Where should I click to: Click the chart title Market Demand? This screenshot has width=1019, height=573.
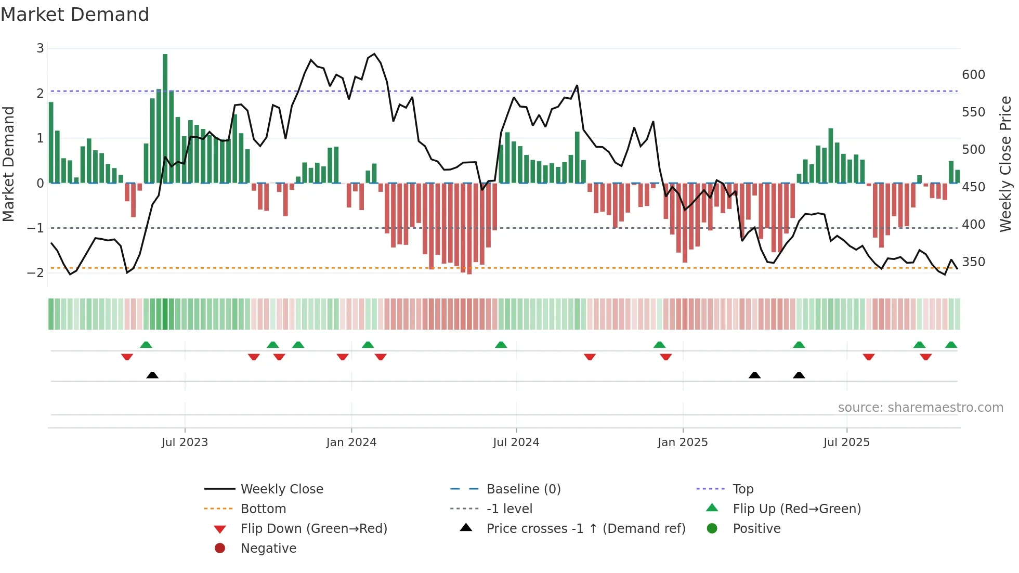(75, 15)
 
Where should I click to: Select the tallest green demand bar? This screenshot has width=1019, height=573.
(165, 119)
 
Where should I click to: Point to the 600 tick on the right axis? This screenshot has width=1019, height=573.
(973, 75)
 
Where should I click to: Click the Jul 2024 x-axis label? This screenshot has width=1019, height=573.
(516, 442)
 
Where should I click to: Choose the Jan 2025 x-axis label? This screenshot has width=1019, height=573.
(682, 442)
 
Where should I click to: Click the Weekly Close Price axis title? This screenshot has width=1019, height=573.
(1005, 164)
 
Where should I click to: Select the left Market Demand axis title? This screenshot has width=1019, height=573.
(9, 164)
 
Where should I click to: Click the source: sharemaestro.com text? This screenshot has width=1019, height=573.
(920, 408)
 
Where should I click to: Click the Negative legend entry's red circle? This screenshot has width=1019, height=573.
(220, 548)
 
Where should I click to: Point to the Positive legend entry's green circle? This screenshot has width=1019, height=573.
(712, 528)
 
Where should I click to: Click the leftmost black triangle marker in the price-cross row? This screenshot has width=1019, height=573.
(152, 375)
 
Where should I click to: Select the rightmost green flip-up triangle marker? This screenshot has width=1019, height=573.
(951, 345)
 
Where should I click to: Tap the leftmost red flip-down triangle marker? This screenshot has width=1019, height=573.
(127, 357)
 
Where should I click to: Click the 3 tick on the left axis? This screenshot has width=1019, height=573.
(40, 48)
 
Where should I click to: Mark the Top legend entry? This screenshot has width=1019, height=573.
(743, 489)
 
